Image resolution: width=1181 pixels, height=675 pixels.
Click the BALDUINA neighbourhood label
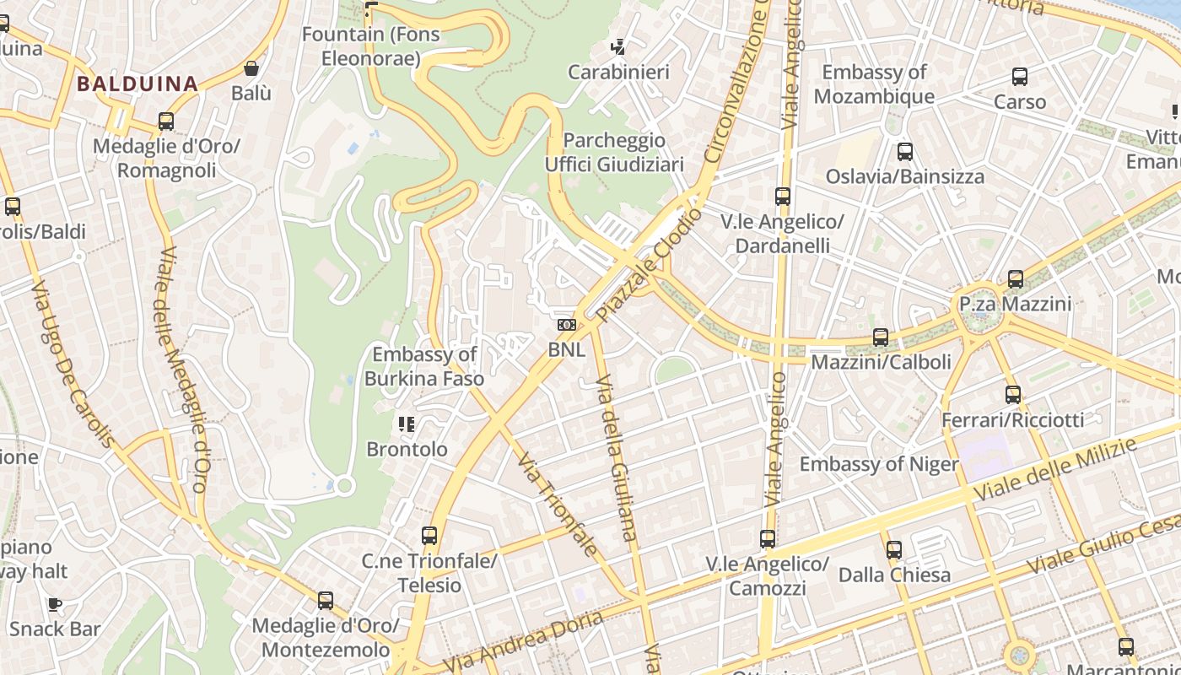click(138, 84)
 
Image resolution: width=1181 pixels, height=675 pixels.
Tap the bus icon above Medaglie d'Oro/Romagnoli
click(166, 121)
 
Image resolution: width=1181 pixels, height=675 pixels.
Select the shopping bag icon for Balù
click(251, 68)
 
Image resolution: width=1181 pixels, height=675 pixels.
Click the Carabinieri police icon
click(619, 47)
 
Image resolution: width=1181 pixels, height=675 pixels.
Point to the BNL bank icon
click(566, 325)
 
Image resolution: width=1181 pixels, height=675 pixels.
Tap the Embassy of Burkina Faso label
click(424, 366)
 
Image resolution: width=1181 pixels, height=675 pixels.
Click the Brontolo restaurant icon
click(407, 424)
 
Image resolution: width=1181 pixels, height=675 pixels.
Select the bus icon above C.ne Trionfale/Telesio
click(429, 536)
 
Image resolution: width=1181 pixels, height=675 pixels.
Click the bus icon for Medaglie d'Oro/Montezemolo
click(326, 601)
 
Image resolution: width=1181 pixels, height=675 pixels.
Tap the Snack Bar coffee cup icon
click(55, 603)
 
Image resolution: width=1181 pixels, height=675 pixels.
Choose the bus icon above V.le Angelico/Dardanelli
click(783, 197)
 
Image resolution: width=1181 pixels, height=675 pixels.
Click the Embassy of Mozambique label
click(874, 84)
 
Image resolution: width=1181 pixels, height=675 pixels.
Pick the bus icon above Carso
click(1020, 77)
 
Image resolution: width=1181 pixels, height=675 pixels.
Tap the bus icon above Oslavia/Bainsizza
click(905, 152)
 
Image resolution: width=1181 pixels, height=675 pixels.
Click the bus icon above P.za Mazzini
click(1016, 278)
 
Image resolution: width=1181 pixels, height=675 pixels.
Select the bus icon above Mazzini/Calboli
click(881, 337)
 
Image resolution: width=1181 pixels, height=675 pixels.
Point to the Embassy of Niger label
click(878, 464)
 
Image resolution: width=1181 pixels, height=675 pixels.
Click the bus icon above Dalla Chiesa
click(894, 550)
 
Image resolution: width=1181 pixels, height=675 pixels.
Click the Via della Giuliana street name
click(616, 456)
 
